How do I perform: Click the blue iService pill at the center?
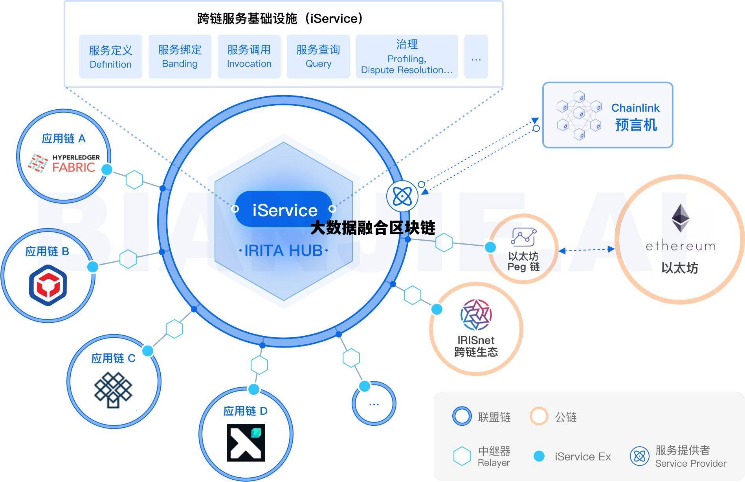click(284, 210)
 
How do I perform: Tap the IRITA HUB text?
click(283, 250)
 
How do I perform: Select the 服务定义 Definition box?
click(110, 57)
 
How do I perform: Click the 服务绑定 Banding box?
click(180, 57)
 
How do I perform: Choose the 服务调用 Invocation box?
click(249, 57)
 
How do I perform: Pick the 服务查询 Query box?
click(318, 57)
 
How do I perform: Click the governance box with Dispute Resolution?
click(407, 57)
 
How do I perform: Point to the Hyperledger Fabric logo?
click(64, 163)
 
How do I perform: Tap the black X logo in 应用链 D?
click(246, 442)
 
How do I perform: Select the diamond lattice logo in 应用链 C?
click(113, 390)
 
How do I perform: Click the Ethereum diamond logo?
click(680, 218)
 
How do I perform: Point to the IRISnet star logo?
click(476, 315)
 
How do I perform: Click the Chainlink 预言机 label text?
click(635, 117)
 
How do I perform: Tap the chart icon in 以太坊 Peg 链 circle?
click(523, 237)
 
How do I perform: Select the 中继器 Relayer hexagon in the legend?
click(462, 456)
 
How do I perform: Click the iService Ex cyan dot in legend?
click(539, 456)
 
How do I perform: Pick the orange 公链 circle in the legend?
click(539, 416)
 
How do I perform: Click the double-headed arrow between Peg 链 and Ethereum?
click(586, 250)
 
